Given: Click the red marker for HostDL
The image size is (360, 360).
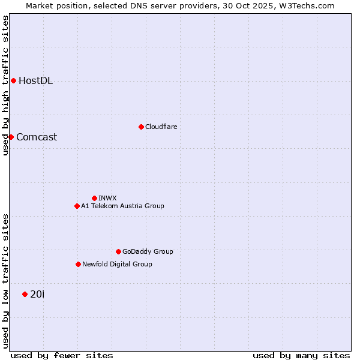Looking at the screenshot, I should pyautogui.click(x=13, y=80).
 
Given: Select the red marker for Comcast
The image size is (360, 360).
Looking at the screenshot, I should pyautogui.click(x=11, y=137).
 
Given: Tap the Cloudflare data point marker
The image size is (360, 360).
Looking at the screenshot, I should pyautogui.click(x=141, y=127).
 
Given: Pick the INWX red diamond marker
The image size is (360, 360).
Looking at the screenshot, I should pyautogui.click(x=94, y=198).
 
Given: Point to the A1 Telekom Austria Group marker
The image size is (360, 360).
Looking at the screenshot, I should pyautogui.click(x=77, y=206).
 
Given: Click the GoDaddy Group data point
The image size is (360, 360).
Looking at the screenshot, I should pyautogui.click(x=118, y=251).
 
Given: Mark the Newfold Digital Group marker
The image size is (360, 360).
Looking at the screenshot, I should pyautogui.click(x=78, y=264).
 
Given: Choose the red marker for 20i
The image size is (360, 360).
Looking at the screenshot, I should pyautogui.click(x=25, y=294).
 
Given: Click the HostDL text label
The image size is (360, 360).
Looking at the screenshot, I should pyautogui.click(x=35, y=81).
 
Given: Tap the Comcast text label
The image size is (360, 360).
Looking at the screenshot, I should pyautogui.click(x=37, y=137).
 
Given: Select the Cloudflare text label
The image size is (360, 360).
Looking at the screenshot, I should pyautogui.click(x=161, y=127).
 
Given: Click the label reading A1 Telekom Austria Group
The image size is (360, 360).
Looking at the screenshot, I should pyautogui.click(x=122, y=206).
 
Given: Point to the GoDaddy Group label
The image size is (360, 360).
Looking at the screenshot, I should pyautogui.click(x=148, y=251).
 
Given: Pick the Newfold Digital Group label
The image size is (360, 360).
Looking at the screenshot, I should pyautogui.click(x=117, y=264).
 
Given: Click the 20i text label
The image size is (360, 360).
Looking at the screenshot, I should pyautogui.click(x=37, y=294).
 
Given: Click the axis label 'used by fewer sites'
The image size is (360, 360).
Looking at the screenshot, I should pyautogui.click(x=62, y=355).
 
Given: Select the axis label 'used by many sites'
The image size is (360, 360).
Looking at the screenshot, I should pyautogui.click(x=301, y=355).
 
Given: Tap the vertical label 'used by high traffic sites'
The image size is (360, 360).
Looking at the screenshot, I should pyautogui.click(x=5, y=85).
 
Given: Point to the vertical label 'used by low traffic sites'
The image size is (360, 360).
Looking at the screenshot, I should pyautogui.click(x=5, y=281).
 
